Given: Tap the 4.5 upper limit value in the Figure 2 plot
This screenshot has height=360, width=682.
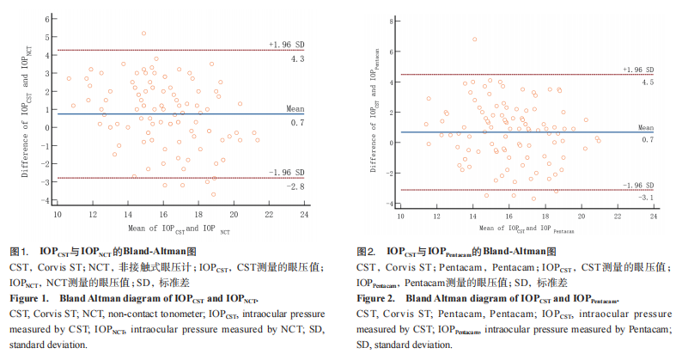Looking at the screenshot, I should coord(648,82).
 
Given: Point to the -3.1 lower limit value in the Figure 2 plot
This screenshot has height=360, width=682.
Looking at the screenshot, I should coord(647,198).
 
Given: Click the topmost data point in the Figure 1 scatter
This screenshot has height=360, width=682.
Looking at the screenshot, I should coord(143,34).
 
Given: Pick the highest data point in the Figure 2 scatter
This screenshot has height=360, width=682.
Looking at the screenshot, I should coord(475,39).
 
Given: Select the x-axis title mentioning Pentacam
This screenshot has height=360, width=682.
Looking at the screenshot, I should coord(527,229).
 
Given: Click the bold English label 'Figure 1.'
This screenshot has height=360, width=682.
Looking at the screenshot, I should coord(32,298).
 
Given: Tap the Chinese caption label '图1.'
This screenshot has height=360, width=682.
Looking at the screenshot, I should coord(20,252).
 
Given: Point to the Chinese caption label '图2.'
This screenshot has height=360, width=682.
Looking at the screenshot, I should coord(367,252).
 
